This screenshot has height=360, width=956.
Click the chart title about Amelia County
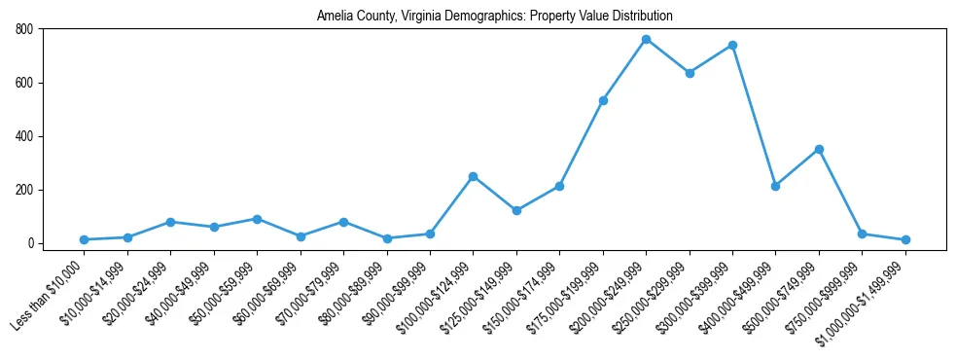pyautogui.click(x=494, y=16)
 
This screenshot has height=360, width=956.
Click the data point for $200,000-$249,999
pyautogui.click(x=646, y=39)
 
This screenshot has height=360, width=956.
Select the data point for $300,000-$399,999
pyautogui.click(x=732, y=45)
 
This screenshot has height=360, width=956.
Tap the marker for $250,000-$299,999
pyautogui.click(x=690, y=73)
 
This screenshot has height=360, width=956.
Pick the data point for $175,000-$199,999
pyautogui.click(x=603, y=100)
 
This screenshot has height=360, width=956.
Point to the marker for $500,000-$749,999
pyautogui.click(x=819, y=149)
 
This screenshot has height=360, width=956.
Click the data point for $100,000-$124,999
pyautogui.click(x=473, y=176)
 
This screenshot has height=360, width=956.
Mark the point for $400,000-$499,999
pyautogui.click(x=775, y=186)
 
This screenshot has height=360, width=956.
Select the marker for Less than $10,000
pyautogui.click(x=85, y=239)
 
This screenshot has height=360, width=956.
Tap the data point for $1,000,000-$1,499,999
pyautogui.click(x=905, y=239)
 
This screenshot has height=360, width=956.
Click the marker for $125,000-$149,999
pyautogui.click(x=516, y=210)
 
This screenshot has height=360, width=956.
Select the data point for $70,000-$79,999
pyautogui.click(x=343, y=222)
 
